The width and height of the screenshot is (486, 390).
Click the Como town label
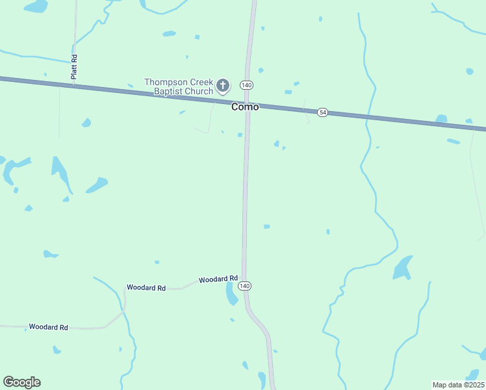coord(245,107)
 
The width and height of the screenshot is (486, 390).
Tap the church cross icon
coord(223,85)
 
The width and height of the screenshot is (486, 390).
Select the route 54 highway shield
coord(322,112)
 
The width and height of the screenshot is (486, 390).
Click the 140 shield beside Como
coord(246,85)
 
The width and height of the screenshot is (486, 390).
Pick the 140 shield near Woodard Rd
coord(244,286)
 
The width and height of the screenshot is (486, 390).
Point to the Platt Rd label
coord(75,68)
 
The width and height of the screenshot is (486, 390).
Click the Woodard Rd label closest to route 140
coord(218,279)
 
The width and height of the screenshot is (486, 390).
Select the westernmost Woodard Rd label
coord(48,327)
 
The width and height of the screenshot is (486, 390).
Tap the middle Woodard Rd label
coord(146,287)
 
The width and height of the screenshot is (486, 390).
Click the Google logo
coord(21,382)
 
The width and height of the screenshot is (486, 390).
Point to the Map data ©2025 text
coord(458,385)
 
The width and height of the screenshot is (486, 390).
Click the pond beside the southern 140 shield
coord(231,293)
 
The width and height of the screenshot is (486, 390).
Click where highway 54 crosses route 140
coord(248,102)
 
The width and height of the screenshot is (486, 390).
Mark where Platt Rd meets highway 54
coord(73,83)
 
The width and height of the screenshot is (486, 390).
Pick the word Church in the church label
coord(198,91)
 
